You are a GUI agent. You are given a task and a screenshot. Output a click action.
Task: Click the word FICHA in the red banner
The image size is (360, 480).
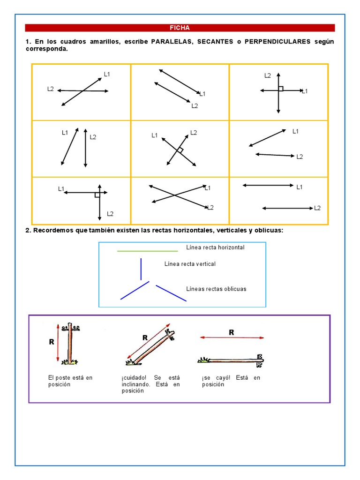click(180, 28)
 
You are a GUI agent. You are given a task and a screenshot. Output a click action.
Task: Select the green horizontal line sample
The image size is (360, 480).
click(147, 251)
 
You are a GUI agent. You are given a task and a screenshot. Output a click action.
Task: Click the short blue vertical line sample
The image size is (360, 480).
click(141, 269)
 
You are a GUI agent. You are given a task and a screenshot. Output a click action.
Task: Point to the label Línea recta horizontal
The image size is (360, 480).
click(215, 247)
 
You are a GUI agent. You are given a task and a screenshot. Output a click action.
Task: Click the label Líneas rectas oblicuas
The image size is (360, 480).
click(216, 289)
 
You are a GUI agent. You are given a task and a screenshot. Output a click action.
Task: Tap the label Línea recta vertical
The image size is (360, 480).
click(190, 264)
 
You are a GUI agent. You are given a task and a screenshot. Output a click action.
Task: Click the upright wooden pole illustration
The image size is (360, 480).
click(70, 344)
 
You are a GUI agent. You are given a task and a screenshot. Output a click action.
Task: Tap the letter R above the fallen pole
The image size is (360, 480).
click(231, 332)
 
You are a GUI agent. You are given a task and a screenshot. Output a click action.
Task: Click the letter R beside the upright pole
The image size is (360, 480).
click(52, 342)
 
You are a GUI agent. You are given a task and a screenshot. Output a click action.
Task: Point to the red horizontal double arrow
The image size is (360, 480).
click(232, 337)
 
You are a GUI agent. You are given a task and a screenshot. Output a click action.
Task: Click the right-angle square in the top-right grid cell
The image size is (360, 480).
click(281, 88)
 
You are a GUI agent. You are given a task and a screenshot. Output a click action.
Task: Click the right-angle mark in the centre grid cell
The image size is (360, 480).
click(180, 150)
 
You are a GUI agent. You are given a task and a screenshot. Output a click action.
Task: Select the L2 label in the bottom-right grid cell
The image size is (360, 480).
click(317, 208)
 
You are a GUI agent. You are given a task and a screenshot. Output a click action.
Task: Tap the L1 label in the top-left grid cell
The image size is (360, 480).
click(107, 74)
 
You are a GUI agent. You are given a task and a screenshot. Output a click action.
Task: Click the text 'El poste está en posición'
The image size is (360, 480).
click(70, 381)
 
